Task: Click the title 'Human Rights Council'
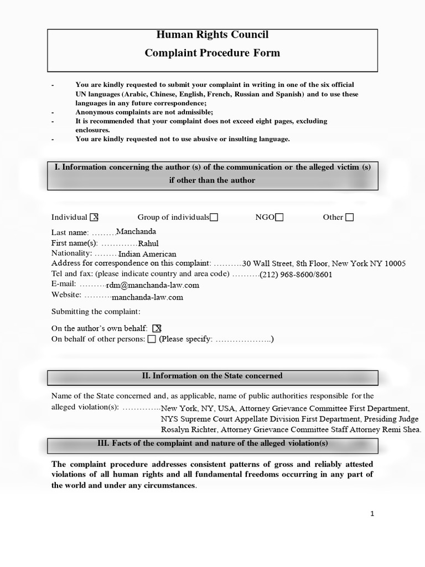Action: point(212,35)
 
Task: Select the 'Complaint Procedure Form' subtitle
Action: point(212,53)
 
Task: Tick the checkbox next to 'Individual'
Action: point(94,217)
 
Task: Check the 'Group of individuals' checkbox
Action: point(214,217)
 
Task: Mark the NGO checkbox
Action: point(279,217)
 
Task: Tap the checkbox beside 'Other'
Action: point(349,217)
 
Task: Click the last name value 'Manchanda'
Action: point(136,231)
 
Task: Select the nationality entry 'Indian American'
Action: point(145,253)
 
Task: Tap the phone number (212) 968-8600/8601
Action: point(296,274)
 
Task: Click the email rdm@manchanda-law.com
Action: point(153,285)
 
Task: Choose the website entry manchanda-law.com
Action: point(147,297)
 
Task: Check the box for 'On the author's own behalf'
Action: point(157,328)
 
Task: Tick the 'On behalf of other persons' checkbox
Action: point(152,339)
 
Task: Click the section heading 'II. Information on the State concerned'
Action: point(212,376)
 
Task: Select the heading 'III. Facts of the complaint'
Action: point(212,444)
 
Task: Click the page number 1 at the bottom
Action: point(372,514)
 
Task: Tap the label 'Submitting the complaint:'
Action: point(96,312)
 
